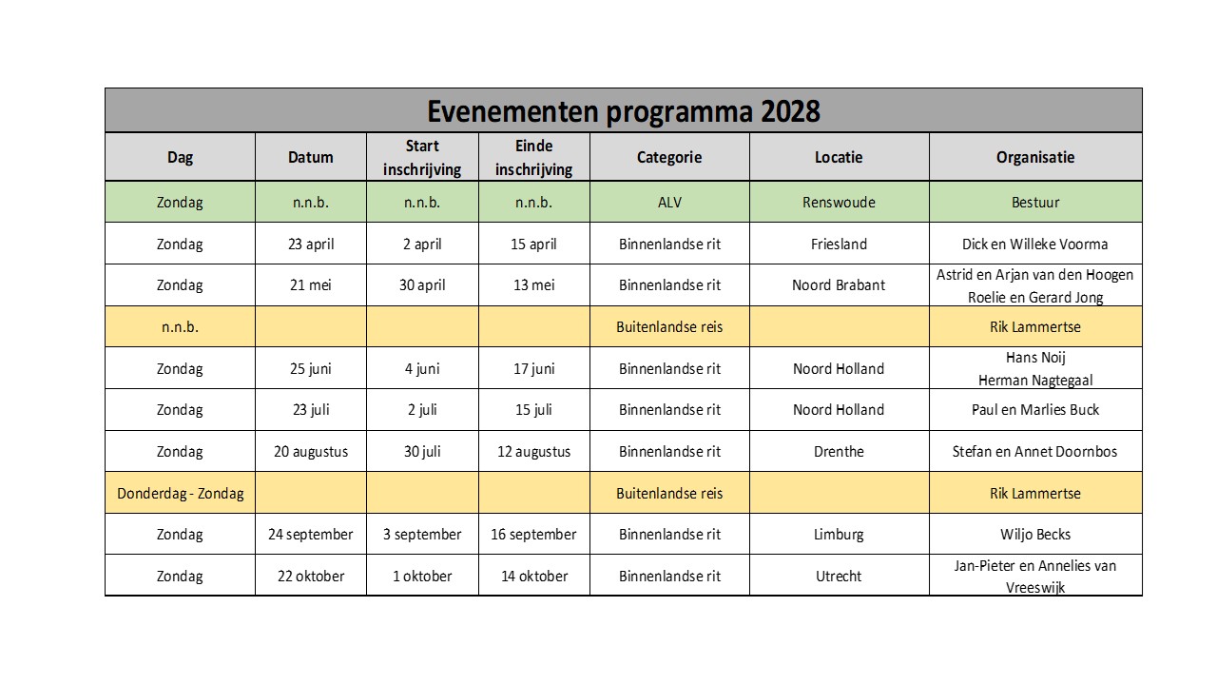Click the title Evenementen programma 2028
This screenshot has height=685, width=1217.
[x=623, y=111]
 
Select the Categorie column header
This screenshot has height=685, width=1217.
[x=669, y=157]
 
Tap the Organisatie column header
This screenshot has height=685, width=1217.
[x=1035, y=157]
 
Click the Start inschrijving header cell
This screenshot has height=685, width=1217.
[x=422, y=157]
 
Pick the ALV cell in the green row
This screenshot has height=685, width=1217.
[x=669, y=203]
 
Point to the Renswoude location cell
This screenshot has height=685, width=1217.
[x=839, y=203]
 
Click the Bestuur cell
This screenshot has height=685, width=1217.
[x=1035, y=203]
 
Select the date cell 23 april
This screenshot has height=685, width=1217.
[x=310, y=245]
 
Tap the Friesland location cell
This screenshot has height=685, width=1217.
[x=839, y=245]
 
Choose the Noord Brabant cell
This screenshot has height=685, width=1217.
[x=839, y=285]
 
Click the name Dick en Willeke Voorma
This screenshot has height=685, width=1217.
[x=1035, y=245]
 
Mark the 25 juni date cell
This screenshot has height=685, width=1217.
[x=310, y=369]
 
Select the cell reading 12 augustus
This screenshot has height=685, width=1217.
[x=533, y=452]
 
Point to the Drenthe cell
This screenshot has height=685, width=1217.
[x=839, y=452]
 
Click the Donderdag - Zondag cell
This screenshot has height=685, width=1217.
[x=180, y=494]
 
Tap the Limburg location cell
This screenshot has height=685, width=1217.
[x=839, y=535]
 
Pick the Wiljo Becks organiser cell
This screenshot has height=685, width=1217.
[x=1035, y=535]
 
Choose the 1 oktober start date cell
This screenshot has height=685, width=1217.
[x=422, y=577]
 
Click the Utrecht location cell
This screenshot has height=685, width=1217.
[x=839, y=577]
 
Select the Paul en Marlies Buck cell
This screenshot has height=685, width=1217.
[x=1035, y=410]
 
